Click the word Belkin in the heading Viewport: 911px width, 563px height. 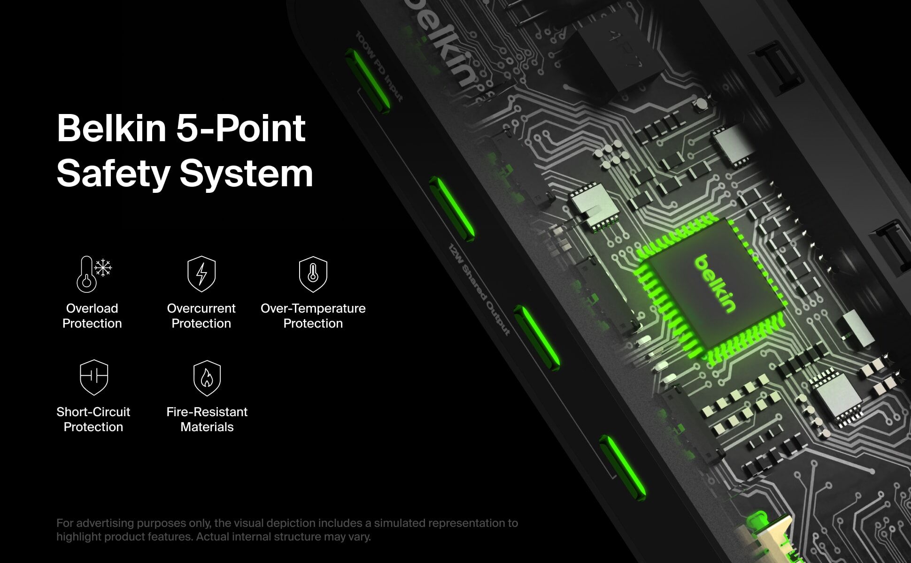pos(111,128)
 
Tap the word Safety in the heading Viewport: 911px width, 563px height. pos(113,173)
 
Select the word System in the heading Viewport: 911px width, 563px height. pos(246,173)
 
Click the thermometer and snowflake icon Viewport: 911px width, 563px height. pos(94,274)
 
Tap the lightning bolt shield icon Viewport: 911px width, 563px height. pos(201,274)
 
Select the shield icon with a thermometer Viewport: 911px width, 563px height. pos(313,274)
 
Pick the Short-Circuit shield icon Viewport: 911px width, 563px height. pos(94,377)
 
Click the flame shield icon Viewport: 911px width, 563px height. pos(207,378)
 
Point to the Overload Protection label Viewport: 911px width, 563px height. pos(92,316)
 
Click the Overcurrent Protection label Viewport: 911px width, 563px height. pos(201,316)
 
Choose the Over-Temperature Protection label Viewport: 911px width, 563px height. pos(313,316)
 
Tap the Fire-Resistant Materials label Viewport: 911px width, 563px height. pos(207,419)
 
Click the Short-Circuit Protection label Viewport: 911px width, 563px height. pos(93,419)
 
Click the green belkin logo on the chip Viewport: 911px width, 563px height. pos(714,283)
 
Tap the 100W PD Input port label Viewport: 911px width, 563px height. pos(379,66)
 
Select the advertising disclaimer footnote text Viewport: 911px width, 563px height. pos(287,530)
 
